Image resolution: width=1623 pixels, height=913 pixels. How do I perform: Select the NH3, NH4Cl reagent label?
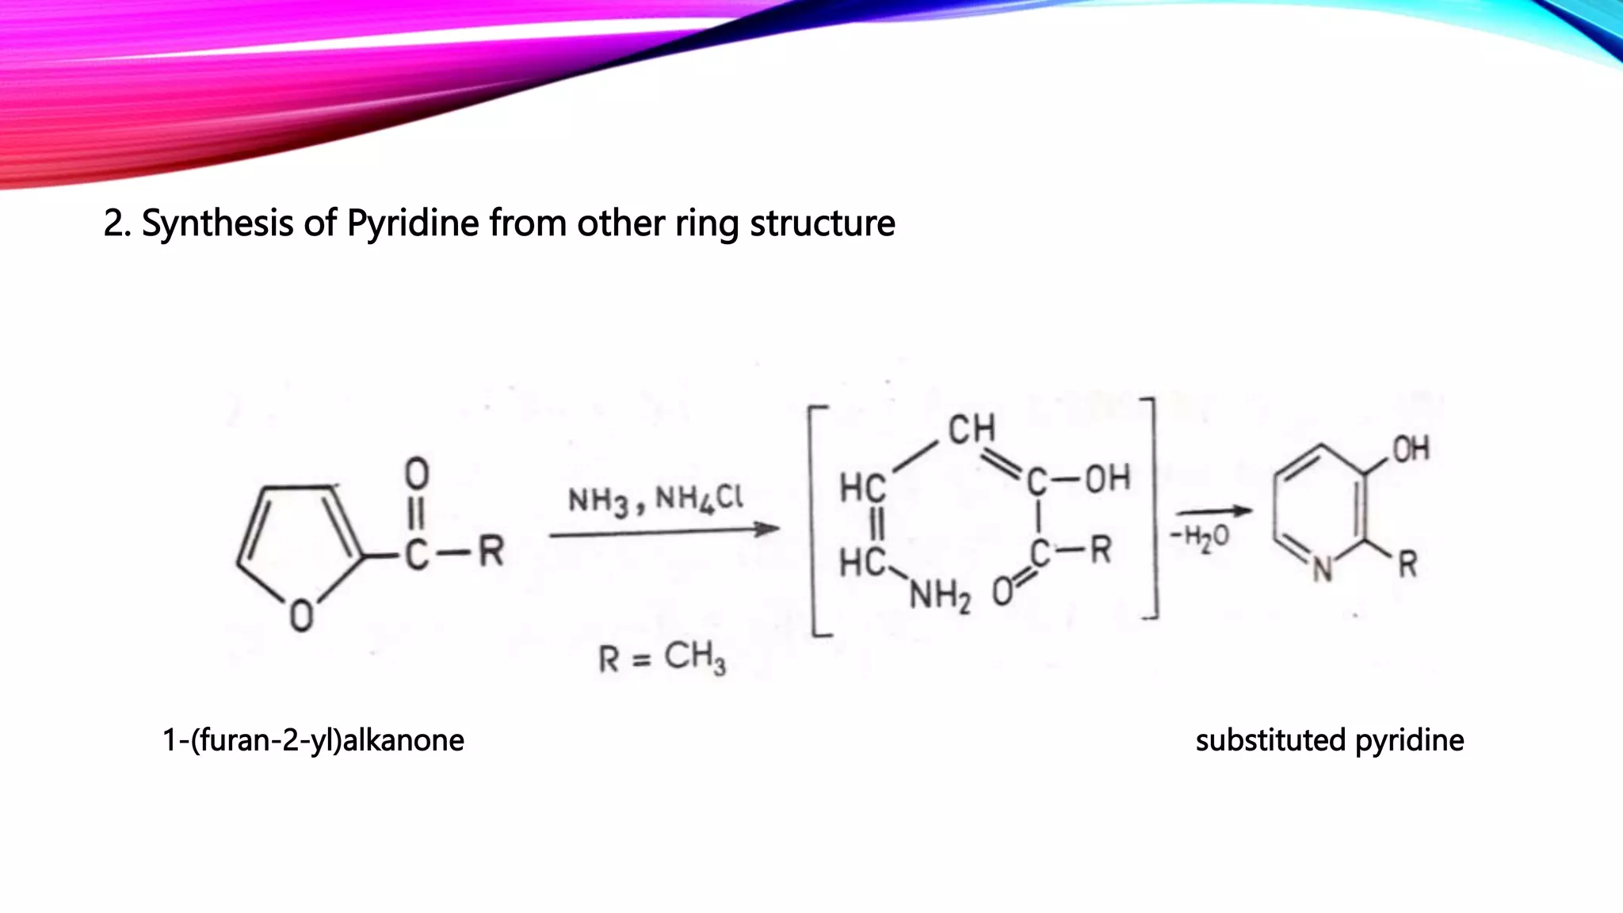click(x=656, y=499)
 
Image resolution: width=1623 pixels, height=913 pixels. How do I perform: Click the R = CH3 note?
click(x=662, y=658)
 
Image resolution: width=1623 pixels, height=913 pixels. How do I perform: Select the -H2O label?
click(x=1201, y=537)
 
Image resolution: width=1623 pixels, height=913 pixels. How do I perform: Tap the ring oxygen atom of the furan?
click(x=300, y=616)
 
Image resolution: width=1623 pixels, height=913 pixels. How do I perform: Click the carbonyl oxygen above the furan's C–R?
click(x=417, y=474)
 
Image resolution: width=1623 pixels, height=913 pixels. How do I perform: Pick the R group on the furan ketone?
click(x=491, y=552)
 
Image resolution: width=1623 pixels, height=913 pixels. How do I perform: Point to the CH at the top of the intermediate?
click(x=972, y=429)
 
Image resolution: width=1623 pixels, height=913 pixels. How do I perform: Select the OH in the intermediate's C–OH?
click(x=1107, y=479)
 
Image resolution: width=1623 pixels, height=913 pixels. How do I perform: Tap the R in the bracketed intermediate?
click(x=1100, y=550)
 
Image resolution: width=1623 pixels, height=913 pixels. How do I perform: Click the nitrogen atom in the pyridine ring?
click(x=1322, y=570)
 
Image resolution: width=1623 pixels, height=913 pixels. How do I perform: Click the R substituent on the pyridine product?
click(x=1407, y=565)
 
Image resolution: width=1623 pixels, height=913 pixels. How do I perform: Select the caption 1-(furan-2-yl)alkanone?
click(x=313, y=740)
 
